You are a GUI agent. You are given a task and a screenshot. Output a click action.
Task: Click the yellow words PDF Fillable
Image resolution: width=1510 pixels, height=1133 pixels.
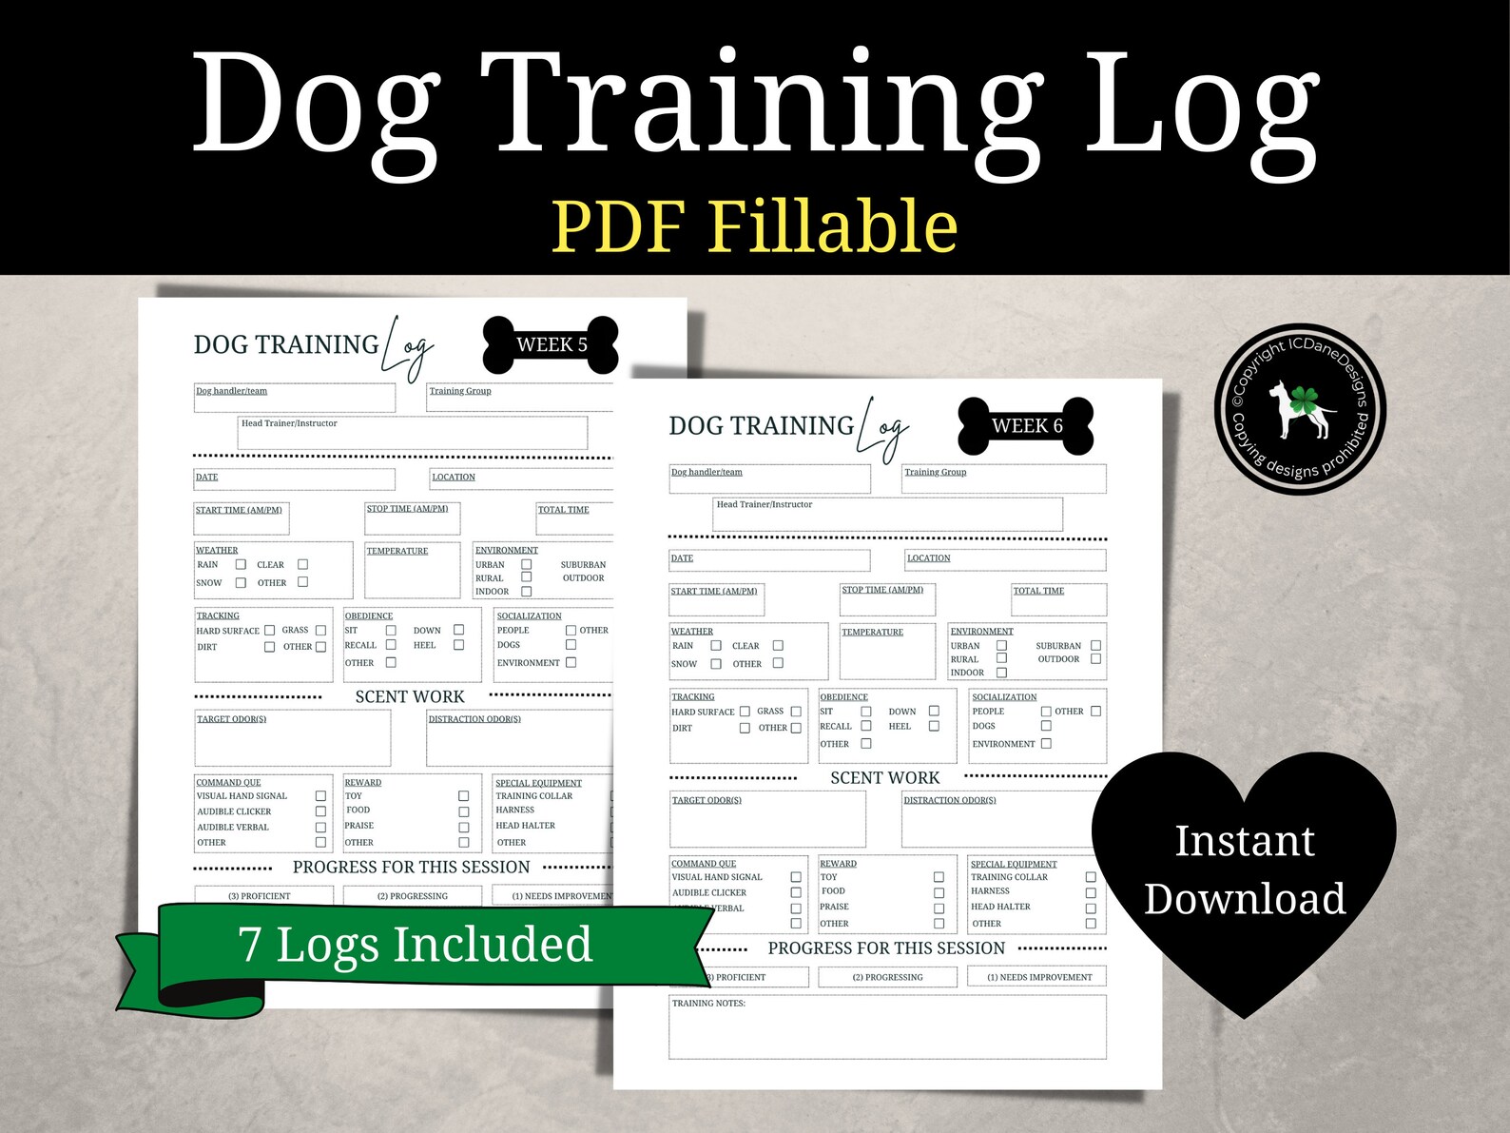click(x=754, y=226)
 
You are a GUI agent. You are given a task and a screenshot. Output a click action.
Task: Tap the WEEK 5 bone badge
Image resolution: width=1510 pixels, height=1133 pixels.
click(x=551, y=344)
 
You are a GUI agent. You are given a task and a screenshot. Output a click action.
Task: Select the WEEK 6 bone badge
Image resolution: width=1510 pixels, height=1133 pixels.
click(x=1026, y=426)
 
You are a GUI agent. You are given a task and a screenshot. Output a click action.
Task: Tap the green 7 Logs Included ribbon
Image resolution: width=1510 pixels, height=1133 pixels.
click(x=415, y=945)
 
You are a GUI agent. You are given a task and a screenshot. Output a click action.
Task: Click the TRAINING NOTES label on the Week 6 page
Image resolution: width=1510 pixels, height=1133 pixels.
click(x=708, y=1003)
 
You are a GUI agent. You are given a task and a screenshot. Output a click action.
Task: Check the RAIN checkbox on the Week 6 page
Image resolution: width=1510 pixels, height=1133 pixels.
click(x=716, y=646)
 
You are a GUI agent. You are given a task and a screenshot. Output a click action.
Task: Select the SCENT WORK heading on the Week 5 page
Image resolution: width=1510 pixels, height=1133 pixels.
click(x=410, y=697)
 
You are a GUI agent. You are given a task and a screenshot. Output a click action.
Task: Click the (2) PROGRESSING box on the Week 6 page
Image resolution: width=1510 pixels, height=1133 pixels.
click(x=887, y=977)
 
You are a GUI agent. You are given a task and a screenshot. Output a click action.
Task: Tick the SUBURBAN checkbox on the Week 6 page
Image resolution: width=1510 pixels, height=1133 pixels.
click(x=1095, y=646)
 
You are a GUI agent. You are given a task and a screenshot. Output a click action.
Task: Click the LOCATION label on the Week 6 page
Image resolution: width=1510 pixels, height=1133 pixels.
click(x=928, y=558)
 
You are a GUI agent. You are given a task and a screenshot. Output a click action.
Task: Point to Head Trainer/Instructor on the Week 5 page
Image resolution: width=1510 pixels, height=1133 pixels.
click(x=289, y=423)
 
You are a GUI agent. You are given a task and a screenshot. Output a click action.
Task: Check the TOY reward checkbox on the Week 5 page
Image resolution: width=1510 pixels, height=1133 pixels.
click(x=464, y=796)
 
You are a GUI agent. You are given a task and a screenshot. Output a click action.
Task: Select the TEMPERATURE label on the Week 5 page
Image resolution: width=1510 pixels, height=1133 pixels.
click(x=397, y=551)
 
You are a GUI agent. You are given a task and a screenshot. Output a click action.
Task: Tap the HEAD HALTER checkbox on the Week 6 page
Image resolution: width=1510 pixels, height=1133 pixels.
click(x=1091, y=908)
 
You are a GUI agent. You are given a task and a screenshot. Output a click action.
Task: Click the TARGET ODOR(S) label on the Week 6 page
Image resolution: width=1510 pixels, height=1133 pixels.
click(x=707, y=800)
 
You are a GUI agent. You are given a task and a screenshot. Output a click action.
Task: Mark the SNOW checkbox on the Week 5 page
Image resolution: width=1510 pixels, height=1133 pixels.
click(x=241, y=582)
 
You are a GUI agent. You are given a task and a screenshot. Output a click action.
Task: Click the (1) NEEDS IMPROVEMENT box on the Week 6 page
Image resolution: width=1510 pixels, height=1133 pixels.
click(x=1039, y=977)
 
